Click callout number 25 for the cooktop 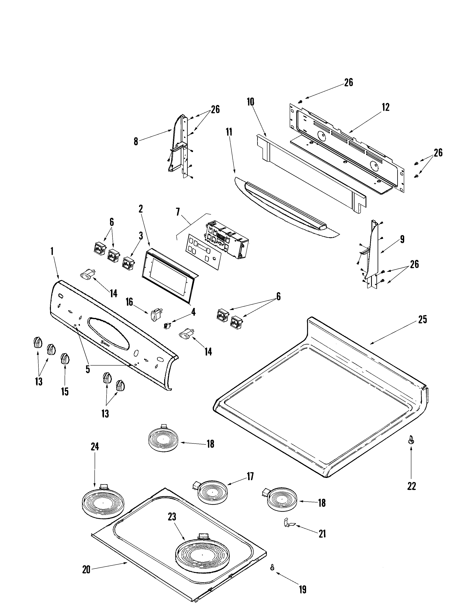[x=422, y=320]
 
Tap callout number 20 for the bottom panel [x=86, y=570]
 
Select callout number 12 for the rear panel [x=385, y=107]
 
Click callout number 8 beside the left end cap [x=136, y=142]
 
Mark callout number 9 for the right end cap [x=402, y=239]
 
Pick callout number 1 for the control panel [x=52, y=251]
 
